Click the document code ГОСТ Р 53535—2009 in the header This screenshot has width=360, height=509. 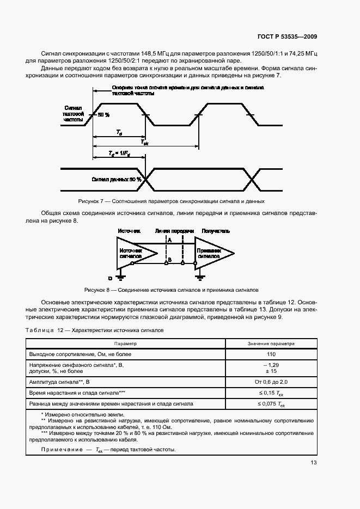coord(287,37)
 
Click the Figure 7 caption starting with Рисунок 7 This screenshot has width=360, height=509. coord(172,201)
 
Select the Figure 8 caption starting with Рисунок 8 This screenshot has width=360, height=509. coord(172,290)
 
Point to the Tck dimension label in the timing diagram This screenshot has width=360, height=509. coord(144,142)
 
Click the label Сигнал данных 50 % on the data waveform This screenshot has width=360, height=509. coord(117,179)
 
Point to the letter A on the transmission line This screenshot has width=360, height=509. coord(170,240)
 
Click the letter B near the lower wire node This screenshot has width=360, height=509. coord(170,261)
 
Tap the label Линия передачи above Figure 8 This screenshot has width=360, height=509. coord(174,231)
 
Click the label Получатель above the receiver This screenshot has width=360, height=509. coord(216,231)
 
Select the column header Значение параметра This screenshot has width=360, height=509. coord(271,344)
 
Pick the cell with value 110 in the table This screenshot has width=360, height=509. coord(271,354)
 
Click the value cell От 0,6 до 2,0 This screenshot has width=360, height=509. coord(271,382)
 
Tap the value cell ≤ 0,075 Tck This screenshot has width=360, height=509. coord(271,404)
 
